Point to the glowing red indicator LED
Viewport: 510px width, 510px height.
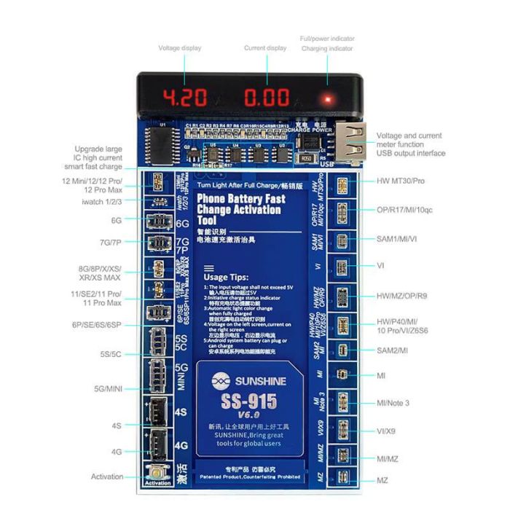[x=328, y=98]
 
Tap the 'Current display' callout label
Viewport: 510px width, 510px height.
[x=265, y=49]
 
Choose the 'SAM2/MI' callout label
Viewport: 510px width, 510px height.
[x=393, y=350]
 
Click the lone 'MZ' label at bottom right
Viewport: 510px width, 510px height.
[x=382, y=481]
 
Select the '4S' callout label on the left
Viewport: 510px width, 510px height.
[x=116, y=425]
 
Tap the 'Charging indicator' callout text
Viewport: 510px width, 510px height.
[x=327, y=49]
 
